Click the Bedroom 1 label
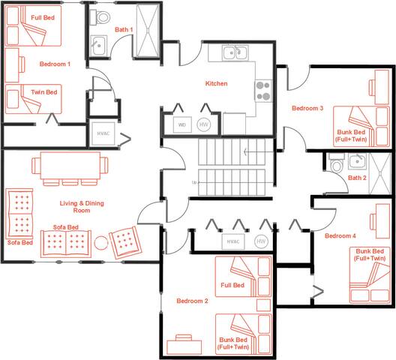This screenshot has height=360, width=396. pos(55,64)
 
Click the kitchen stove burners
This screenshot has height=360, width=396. pos(262,91)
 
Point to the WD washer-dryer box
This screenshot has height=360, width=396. pos(182,124)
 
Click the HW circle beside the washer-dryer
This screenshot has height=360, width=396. pos(204,124)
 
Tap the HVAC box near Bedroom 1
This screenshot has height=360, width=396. pos(103,133)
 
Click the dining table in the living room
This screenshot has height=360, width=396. pos(70,165)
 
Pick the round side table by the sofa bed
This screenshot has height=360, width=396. pos(100,242)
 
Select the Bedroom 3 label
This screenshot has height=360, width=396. pos(307,109)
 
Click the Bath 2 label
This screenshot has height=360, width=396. pos(357,178)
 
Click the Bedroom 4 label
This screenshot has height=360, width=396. pos(340,236)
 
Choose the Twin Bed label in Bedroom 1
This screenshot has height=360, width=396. pos(46,91)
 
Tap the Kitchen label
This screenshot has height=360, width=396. pos(217,83)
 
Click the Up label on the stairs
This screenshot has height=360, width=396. pos(194,183)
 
